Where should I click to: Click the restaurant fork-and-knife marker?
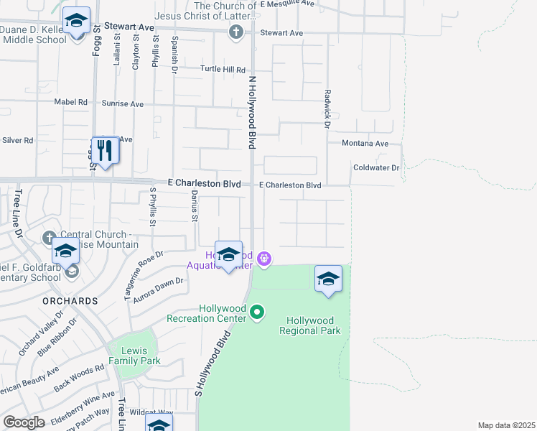click(106, 150)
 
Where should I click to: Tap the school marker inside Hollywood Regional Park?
click(328, 279)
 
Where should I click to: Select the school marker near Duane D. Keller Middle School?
click(75, 22)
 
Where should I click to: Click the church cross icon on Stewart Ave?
click(236, 32)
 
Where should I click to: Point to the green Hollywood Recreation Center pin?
click(258, 312)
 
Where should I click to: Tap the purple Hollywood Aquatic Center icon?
click(264, 258)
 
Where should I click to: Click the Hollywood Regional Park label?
click(313, 325)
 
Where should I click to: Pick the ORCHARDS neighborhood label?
click(69, 300)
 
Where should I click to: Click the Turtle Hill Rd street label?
click(223, 70)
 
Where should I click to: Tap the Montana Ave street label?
click(365, 144)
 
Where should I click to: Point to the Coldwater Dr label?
click(375, 167)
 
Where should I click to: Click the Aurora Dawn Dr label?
click(159, 289)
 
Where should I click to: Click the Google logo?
click(24, 422)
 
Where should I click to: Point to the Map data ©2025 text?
click(505, 425)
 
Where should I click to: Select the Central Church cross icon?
click(49, 237)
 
